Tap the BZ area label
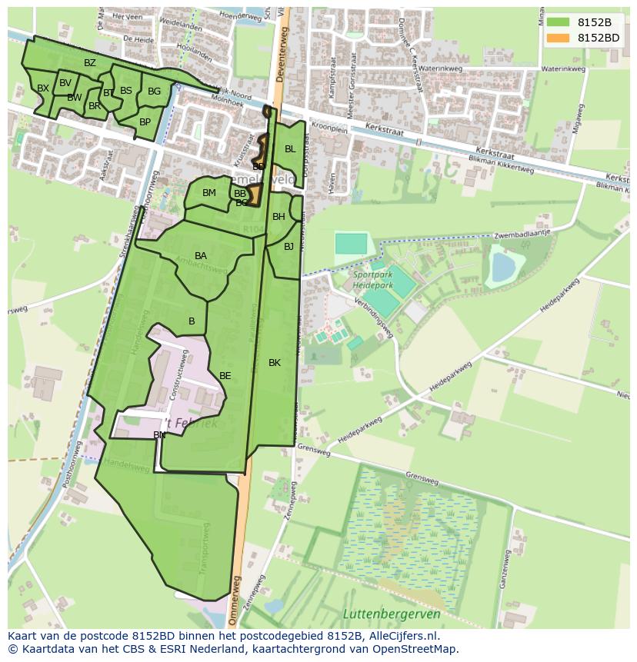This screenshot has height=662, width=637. [x=90, y=63]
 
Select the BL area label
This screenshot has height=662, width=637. [x=290, y=149]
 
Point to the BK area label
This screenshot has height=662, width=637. [x=275, y=363]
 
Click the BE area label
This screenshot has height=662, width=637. [x=225, y=376]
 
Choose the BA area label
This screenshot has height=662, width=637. [x=201, y=256]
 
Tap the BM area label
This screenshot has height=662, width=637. [x=209, y=193]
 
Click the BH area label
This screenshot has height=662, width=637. [x=278, y=217]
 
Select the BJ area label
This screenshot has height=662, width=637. [x=288, y=247]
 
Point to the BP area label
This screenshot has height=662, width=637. [x=145, y=121]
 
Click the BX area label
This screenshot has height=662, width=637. [x=43, y=88]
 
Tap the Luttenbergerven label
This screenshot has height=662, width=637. [x=392, y=614]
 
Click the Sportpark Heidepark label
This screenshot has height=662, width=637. [x=373, y=279]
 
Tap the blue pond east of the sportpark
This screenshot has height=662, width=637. [x=503, y=268]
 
